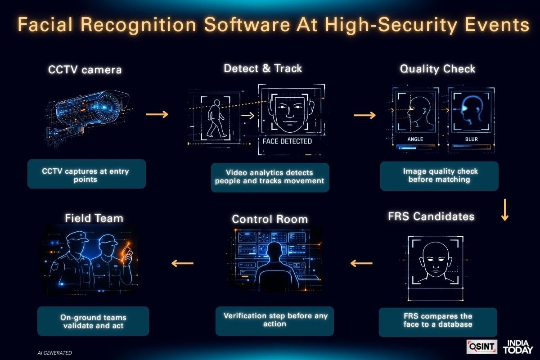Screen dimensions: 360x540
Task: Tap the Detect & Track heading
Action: pos(263,68)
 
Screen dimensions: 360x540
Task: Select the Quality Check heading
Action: pos(437,69)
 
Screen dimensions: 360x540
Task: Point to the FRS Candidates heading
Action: pos(431,216)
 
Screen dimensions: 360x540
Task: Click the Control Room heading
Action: pos(270,219)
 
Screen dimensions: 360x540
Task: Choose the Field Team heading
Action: pos(94,218)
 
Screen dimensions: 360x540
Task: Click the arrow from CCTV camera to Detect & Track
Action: pos(157,114)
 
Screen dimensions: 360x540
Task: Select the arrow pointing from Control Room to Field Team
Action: pos(182,263)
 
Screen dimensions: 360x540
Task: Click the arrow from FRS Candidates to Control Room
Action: pos(361,263)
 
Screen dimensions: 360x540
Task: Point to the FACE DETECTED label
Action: pos(287,141)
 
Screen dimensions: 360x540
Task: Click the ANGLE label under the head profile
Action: pos(415,139)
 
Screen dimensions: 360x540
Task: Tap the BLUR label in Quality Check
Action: pos(471,139)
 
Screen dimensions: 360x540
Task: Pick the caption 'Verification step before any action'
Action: pos(275,319)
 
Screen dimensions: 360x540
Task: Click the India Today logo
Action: pos(518,346)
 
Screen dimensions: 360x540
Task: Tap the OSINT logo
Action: pos(481,346)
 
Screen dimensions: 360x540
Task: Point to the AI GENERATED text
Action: pos(54,353)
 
